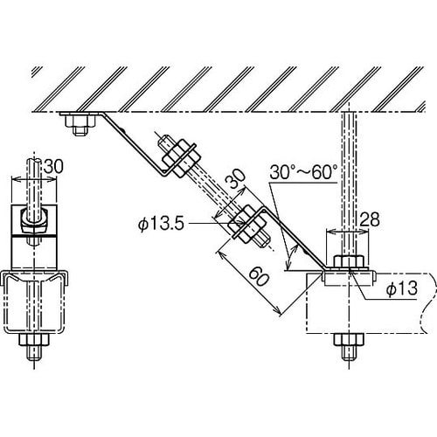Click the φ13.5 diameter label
(161, 224)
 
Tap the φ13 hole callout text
(402, 288)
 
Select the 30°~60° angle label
(303, 172)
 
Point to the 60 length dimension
(259, 276)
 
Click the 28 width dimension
(370, 219)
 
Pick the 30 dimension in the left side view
(53, 167)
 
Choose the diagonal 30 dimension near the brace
(236, 180)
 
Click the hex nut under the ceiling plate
(80, 121)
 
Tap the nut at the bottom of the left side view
(34, 340)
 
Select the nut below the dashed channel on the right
(349, 339)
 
